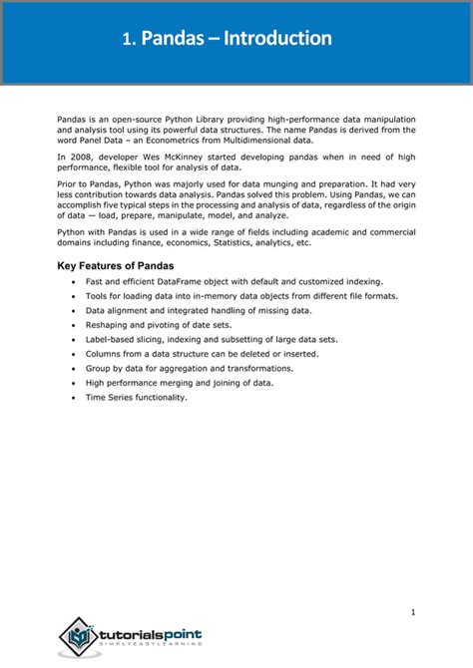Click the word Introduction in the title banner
pos(277,39)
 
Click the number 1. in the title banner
pos(129,40)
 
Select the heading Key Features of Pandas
pos(115,265)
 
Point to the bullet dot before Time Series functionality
pos(74,397)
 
